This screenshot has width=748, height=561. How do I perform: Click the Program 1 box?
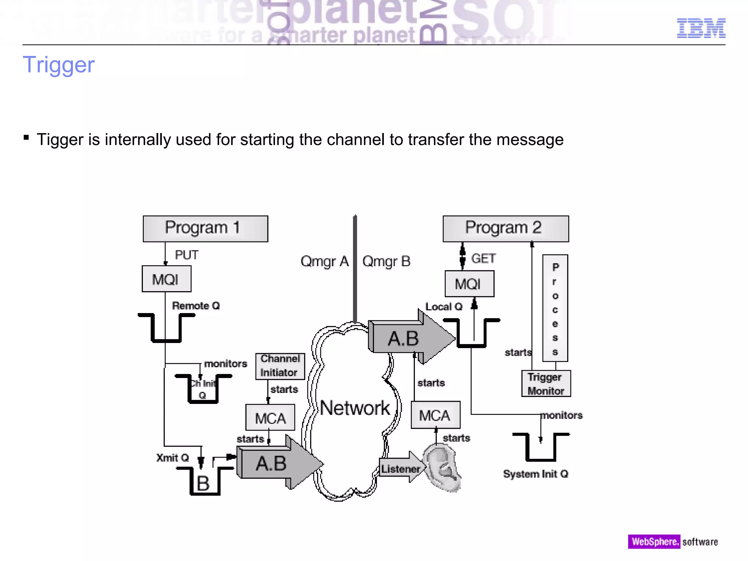pyautogui.click(x=205, y=229)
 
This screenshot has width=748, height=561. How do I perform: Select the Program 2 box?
pyautogui.click(x=505, y=229)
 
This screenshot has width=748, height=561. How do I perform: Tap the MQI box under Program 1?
pyautogui.click(x=166, y=279)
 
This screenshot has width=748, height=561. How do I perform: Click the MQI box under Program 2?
pyautogui.click(x=469, y=284)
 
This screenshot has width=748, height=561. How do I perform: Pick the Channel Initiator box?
pyautogui.click(x=280, y=366)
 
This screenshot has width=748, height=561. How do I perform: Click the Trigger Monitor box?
pyautogui.click(x=546, y=383)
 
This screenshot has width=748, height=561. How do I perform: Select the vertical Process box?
pyautogui.click(x=555, y=308)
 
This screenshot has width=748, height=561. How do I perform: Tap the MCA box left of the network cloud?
pyautogui.click(x=270, y=417)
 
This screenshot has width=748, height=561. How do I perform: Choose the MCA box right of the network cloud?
pyautogui.click(x=435, y=415)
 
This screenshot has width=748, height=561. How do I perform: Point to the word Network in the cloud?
pyautogui.click(x=355, y=408)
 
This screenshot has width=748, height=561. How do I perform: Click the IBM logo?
pyautogui.click(x=701, y=28)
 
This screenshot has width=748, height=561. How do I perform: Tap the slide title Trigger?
pyautogui.click(x=58, y=65)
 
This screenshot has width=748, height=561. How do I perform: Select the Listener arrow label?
pyautogui.click(x=400, y=469)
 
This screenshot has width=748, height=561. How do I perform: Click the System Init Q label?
pyautogui.click(x=535, y=474)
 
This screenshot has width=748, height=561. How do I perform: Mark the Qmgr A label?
pyautogui.click(x=324, y=262)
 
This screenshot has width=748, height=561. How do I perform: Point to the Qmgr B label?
pyautogui.click(x=386, y=262)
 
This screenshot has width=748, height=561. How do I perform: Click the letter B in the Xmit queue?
pyautogui.click(x=203, y=483)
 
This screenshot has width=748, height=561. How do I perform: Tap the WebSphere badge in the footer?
pyautogui.click(x=653, y=541)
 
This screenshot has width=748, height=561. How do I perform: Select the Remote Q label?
pyautogui.click(x=196, y=306)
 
